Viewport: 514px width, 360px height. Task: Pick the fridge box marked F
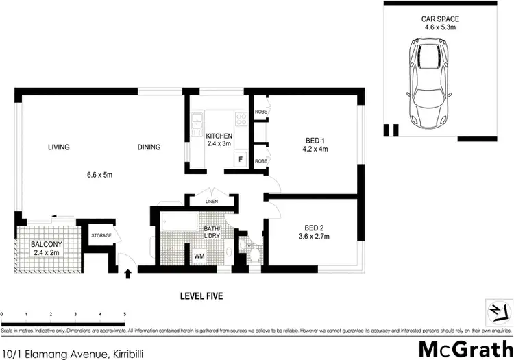point(239,159)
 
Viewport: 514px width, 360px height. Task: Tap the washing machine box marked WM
point(199,256)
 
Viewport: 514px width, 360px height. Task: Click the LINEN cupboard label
point(212,202)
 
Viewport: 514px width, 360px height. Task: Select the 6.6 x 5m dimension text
point(99,175)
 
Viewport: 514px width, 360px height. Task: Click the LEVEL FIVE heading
point(201,296)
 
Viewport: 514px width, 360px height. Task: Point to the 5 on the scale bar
point(125,314)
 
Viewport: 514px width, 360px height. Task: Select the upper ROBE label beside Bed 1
point(260,111)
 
